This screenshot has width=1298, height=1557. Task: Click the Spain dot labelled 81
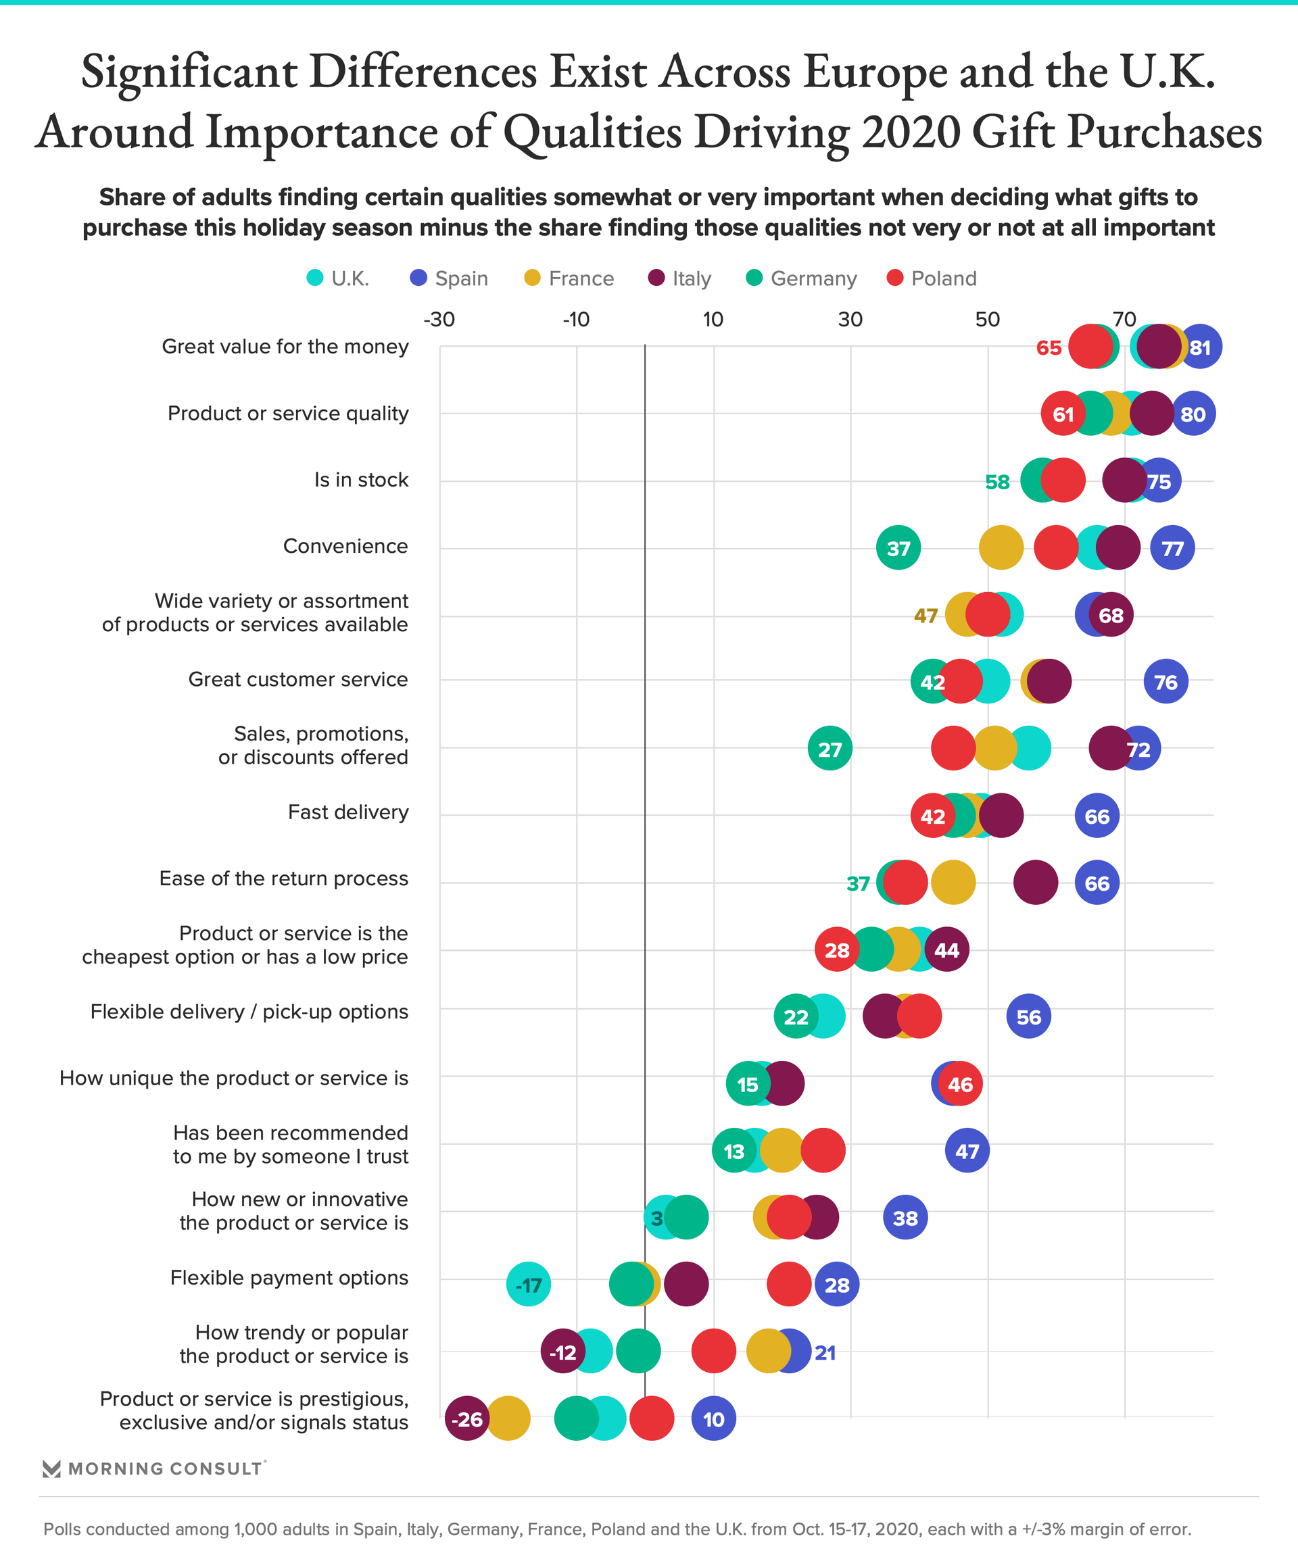pos(1199,346)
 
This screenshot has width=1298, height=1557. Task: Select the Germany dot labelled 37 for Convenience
pos(898,548)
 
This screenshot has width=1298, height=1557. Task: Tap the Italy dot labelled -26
pos(467,1418)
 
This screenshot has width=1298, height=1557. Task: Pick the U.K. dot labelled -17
pos(529,1284)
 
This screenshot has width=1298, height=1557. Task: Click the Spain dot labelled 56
pos(1029,1016)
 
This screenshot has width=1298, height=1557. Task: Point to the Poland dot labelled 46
pos(961,1084)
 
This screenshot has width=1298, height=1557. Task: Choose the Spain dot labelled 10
pos(713,1418)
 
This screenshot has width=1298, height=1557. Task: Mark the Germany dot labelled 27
pos(830,749)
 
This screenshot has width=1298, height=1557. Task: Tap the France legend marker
pos(532,278)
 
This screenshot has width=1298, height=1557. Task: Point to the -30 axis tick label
pos(439,320)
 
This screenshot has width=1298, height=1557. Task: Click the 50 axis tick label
pos(987,320)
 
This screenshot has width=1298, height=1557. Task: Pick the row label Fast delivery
pos(348,812)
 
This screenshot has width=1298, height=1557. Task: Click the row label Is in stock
pos(361,480)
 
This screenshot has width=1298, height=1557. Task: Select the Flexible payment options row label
pos(289,1277)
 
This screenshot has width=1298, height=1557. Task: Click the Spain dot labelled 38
pos(906,1218)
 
